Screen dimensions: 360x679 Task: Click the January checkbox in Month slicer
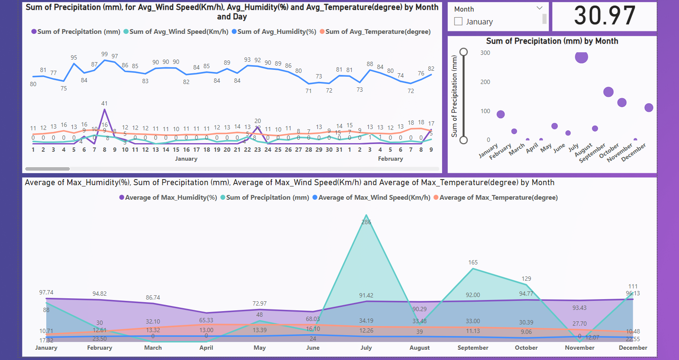(x=458, y=21)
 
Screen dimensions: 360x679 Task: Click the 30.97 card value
(x=604, y=16)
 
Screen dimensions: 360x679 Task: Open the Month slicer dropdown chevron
(x=539, y=8)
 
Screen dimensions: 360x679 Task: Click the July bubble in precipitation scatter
(x=581, y=57)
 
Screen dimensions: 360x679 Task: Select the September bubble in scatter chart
(x=608, y=92)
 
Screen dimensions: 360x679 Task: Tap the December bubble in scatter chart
(x=649, y=108)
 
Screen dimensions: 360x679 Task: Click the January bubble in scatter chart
(x=500, y=114)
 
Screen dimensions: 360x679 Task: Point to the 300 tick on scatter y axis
(x=485, y=53)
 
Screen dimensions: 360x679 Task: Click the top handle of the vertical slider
(x=464, y=52)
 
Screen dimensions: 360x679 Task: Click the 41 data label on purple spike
(x=105, y=103)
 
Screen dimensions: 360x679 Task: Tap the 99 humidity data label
(x=105, y=54)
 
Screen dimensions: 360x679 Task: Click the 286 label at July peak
(x=366, y=222)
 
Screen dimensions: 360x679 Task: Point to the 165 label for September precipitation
(x=473, y=262)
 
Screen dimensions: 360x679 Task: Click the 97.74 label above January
(x=46, y=292)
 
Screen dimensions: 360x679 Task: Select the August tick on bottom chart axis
(x=419, y=348)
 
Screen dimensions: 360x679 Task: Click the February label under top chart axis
(x=390, y=159)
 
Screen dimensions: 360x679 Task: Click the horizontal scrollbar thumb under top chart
(x=48, y=169)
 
